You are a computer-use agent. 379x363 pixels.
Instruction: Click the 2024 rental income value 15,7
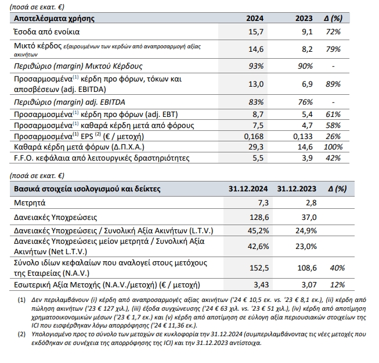tap(256, 32)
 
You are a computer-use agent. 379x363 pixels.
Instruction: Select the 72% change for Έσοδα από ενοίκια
tap(333, 32)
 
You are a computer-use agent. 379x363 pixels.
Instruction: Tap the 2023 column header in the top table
tap(304, 19)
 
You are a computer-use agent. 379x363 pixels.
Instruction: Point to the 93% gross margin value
tap(256, 66)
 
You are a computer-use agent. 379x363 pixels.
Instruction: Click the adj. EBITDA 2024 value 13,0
tap(256, 84)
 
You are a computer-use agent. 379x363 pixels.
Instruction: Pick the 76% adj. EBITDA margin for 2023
tap(305, 102)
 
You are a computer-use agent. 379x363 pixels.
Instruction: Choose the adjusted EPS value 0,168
tap(254, 137)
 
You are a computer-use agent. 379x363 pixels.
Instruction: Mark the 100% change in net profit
tap(333, 147)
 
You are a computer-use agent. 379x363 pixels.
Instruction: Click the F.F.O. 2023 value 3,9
tap(307, 158)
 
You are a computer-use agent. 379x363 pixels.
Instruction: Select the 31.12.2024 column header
tap(248, 188)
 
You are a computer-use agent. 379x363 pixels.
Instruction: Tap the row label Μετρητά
tap(30, 202)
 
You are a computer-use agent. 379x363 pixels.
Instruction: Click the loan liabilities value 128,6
tap(259, 217)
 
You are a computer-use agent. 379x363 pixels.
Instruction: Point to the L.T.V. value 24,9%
tap(306, 230)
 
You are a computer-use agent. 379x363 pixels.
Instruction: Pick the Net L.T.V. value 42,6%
tap(258, 247)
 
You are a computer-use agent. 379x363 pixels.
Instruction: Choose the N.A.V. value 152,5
tap(259, 268)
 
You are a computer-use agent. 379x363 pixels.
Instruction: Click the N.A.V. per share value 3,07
tap(309, 284)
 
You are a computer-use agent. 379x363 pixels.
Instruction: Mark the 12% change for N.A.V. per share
tap(337, 284)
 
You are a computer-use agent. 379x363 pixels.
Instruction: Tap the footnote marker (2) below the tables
tap(21, 334)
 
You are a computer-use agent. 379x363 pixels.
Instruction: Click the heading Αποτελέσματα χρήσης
tap(54, 19)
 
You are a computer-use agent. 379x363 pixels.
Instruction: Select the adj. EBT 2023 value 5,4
tap(307, 115)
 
